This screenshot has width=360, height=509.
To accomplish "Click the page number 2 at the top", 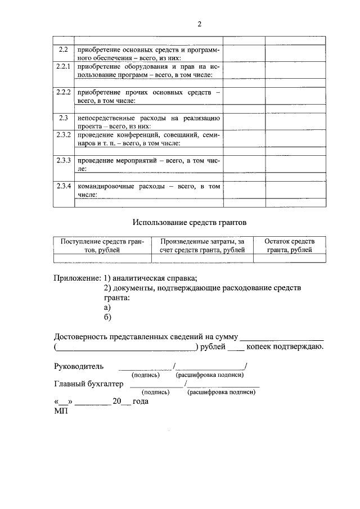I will coord(199,24).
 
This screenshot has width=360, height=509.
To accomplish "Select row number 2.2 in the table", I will coord(64,49).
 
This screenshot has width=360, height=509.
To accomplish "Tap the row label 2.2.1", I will coord(64,67).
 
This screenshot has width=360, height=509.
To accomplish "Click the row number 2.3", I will coord(64,118).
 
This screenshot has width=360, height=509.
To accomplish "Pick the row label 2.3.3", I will coord(64,160).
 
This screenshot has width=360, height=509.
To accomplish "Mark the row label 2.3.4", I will coord(64,186).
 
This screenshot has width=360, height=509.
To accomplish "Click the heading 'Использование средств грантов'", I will coord(190,223).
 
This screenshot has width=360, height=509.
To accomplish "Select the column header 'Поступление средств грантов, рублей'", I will coord(102,245).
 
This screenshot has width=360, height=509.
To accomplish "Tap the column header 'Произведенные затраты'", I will coord(202,245).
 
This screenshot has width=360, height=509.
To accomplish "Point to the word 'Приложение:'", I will coord(78,278).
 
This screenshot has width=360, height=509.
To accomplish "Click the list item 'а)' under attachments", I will coord(107,307).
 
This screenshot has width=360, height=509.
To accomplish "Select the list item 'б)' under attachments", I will coord(108,317).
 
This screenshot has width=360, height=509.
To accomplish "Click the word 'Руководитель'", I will coord(79,366).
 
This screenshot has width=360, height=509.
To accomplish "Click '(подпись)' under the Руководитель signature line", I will coord(145,375).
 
